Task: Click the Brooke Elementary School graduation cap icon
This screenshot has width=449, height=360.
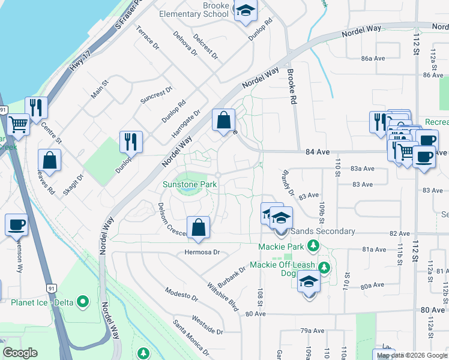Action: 245,11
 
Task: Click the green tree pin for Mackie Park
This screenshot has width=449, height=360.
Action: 312,245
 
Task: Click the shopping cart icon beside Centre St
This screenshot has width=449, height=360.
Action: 19,125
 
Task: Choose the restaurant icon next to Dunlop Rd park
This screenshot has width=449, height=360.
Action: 131,142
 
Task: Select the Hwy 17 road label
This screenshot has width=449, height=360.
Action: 77,62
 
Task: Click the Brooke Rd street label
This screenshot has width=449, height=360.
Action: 292,85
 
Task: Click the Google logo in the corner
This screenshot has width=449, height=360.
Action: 20,353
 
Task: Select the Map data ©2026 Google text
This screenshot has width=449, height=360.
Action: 412,355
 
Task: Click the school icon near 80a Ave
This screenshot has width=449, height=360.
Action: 309,282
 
